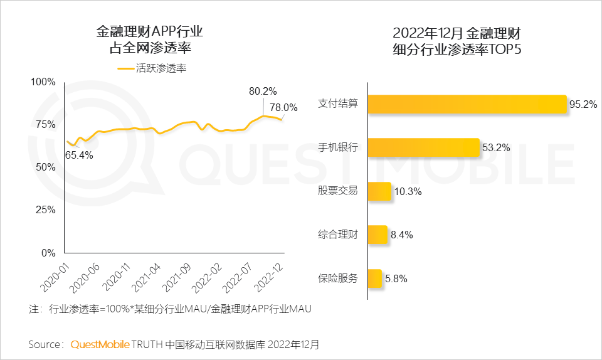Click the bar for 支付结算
[x=467, y=105]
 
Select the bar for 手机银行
[x=423, y=147]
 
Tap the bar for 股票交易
[x=379, y=191]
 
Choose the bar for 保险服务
[x=375, y=278]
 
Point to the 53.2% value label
[x=496, y=148]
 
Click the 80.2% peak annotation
[x=263, y=91]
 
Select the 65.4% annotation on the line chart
[x=79, y=154]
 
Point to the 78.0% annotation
[x=283, y=107]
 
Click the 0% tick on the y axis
[x=48, y=253]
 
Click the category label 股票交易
[x=337, y=191]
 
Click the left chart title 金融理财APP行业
[x=150, y=32]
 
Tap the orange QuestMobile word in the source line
[x=100, y=344]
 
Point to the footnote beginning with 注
[x=170, y=309]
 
